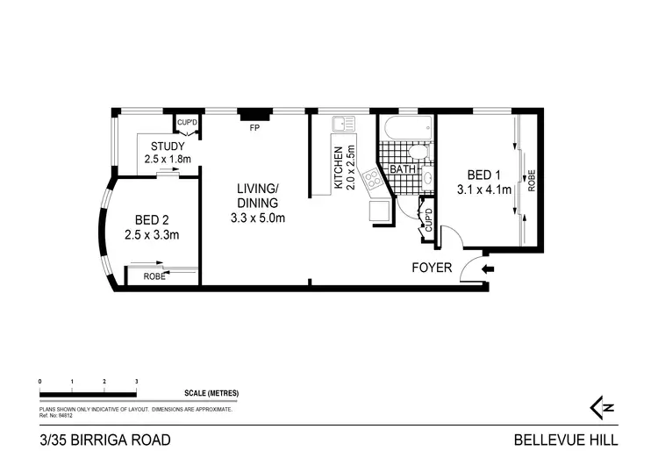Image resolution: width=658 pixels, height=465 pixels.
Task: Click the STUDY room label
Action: coord(167,146)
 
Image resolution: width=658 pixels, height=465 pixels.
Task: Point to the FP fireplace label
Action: coord(254,128)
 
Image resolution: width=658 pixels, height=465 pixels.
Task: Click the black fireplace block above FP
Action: coord(254,114)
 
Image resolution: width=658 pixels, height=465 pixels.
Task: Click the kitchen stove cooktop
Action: coord(372,180)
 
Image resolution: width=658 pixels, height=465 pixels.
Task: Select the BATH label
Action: coord(403,169)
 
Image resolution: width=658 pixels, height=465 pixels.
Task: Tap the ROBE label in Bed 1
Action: coord(532,180)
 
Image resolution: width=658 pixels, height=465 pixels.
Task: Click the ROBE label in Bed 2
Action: coord(154,276)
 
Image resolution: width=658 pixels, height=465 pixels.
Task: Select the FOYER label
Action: coord(432,268)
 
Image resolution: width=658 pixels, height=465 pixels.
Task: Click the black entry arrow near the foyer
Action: coord(488,268)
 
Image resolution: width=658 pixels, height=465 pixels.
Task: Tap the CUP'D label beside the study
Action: coord(187,122)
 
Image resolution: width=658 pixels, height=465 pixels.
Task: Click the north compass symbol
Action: coord(600,407)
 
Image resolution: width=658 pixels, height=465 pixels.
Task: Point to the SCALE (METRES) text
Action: coord(211,393)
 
